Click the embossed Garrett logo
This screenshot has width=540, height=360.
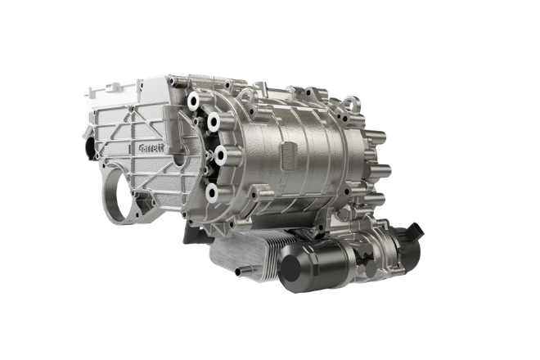click(152, 148)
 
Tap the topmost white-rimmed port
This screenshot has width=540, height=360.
click(193, 101)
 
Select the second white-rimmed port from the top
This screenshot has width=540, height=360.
click(214, 121)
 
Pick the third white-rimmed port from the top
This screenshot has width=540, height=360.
click(220, 155)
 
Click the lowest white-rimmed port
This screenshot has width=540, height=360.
click(211, 193)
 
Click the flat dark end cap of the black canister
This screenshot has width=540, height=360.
click(290, 268)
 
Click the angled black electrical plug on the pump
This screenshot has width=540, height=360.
click(416, 231)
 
